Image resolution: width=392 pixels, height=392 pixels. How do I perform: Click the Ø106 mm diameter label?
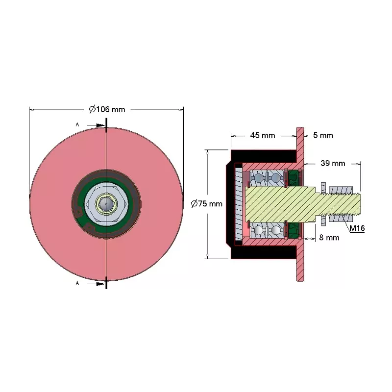point(107,109)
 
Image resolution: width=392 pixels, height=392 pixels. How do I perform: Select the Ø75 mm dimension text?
point(206,204)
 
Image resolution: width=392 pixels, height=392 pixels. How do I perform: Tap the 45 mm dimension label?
point(263,136)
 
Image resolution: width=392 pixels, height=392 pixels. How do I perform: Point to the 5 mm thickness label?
point(323,136)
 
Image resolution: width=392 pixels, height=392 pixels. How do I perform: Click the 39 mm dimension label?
point(333,164)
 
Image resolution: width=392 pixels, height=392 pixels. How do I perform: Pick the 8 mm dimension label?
point(329,238)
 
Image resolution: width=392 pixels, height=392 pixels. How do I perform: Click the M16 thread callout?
point(357,228)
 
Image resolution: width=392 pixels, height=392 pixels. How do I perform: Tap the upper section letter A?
point(77,124)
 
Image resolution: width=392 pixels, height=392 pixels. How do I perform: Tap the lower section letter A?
point(77,283)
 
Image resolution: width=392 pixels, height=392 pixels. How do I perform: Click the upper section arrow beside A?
point(96,125)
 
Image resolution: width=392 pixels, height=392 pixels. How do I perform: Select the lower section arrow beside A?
point(96,284)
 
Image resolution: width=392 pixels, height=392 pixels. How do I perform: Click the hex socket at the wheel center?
point(106,204)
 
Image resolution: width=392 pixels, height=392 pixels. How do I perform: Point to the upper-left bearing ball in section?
point(258,178)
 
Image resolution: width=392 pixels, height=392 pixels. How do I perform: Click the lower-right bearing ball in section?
point(275,230)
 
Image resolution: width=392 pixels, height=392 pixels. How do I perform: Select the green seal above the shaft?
point(294,178)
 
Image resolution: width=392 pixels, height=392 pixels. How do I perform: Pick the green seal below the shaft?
point(294,230)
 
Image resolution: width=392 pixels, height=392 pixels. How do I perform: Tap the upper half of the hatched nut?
point(341,190)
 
